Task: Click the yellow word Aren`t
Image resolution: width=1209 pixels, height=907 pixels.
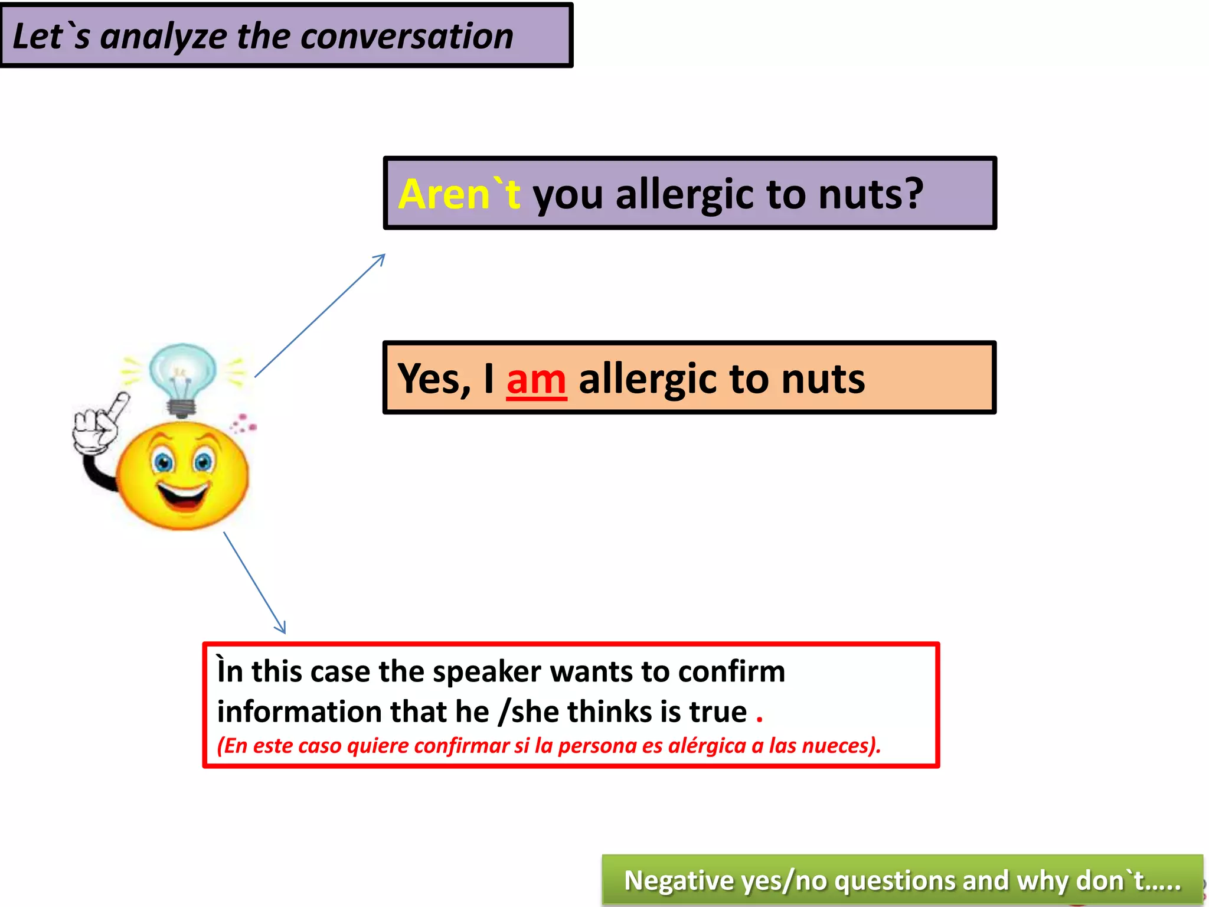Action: [x=459, y=194]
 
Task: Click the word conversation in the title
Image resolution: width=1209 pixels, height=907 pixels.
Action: [x=407, y=37]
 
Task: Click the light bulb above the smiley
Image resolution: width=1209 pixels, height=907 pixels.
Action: [x=182, y=375]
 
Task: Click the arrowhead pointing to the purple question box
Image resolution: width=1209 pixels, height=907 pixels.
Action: [x=381, y=258]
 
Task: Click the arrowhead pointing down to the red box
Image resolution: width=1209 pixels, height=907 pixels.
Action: [x=282, y=628]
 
